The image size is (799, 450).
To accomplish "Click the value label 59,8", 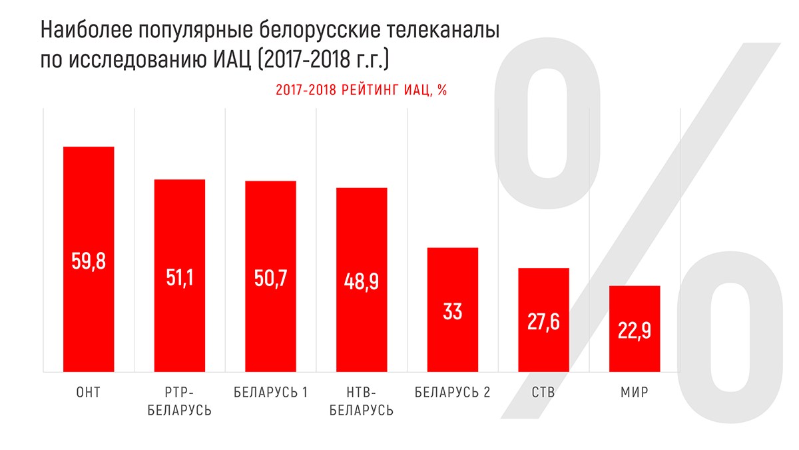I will click(x=89, y=260).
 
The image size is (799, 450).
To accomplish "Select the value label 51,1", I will click(x=180, y=277).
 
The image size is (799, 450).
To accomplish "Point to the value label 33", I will click(x=453, y=311).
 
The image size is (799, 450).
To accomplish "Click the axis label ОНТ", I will click(x=89, y=393).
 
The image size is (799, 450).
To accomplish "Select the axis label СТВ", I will click(x=543, y=393).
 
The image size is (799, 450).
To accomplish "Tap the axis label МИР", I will click(x=635, y=393).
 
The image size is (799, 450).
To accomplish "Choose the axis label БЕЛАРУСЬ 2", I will click(x=453, y=393).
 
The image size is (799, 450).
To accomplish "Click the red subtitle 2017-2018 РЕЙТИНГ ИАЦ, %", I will click(x=361, y=91).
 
